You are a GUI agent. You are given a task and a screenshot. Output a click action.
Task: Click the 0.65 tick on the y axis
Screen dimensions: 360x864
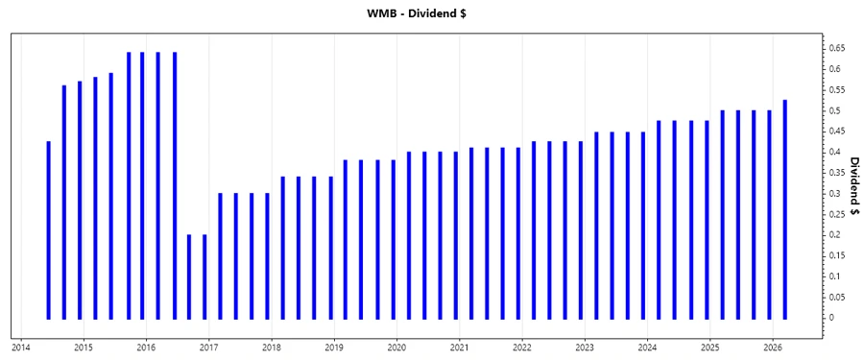tap(837, 48)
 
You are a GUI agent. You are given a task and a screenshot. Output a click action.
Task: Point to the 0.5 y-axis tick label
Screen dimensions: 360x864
tap(834, 110)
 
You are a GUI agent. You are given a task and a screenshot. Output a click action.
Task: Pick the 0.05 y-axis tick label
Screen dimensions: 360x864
tap(837, 298)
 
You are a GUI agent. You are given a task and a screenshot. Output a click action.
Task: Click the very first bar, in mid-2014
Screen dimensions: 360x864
tap(48, 230)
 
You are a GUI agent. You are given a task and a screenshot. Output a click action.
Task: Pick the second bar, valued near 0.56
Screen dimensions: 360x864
tap(64, 202)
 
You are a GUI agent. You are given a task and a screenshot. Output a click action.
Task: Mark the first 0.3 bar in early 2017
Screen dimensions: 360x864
tap(221, 255)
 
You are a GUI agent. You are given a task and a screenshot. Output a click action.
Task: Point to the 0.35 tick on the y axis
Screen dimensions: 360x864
tap(837, 173)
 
